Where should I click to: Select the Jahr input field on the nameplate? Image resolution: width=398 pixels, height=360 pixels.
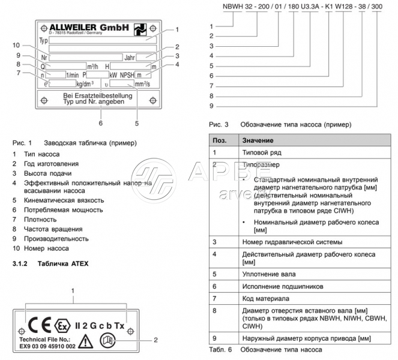click(145, 57)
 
